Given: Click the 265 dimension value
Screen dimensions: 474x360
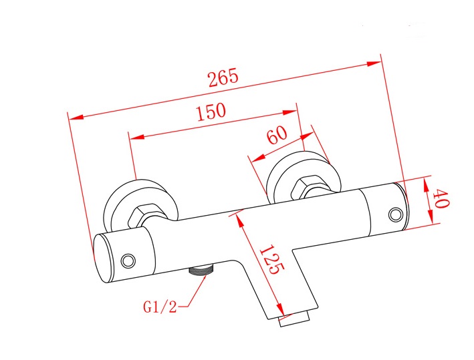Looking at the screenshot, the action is [223, 77].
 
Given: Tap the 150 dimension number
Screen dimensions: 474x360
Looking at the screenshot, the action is [211, 112].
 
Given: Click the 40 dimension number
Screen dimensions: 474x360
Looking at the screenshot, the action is [441, 198].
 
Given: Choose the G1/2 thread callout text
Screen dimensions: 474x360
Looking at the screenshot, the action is [160, 307].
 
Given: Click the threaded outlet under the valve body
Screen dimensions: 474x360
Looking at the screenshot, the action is [201, 269].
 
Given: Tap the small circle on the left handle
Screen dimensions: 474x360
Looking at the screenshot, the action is [128, 260].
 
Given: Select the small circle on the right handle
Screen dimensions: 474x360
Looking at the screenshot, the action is [396, 215].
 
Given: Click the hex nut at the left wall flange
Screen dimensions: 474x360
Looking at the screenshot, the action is [142, 216].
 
